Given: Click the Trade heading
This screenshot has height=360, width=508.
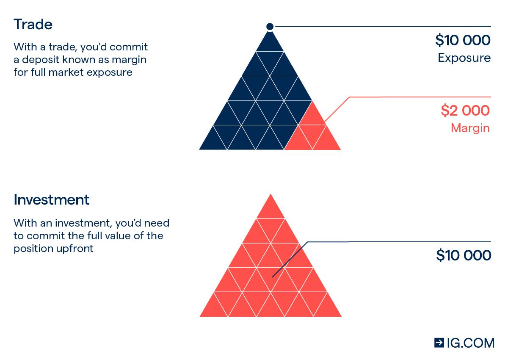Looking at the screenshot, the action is click(x=33, y=24).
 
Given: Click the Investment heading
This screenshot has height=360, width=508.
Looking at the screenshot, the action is click(x=52, y=199).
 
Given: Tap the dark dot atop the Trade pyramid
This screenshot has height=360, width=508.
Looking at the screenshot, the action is click(x=270, y=27).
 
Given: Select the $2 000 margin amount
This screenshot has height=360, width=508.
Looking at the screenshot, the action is click(x=465, y=111).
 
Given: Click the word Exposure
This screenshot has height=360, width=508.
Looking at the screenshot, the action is click(x=464, y=58).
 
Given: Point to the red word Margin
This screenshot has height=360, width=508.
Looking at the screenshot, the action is click(x=470, y=128).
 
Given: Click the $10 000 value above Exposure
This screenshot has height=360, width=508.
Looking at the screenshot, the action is click(x=463, y=40).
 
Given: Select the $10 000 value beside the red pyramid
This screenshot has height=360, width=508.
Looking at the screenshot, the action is click(x=464, y=255).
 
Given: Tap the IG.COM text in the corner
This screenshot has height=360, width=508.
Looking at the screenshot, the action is click(x=471, y=343).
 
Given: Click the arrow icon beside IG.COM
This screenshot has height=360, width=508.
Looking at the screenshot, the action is click(x=439, y=343).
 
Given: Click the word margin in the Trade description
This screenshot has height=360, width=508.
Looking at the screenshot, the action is click(x=129, y=60).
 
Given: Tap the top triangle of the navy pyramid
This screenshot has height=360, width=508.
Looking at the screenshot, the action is click(x=270, y=44).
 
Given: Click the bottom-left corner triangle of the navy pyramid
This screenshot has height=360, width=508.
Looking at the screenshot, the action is click(x=213, y=141).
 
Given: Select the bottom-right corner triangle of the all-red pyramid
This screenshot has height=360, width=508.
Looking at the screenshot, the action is click(x=328, y=308).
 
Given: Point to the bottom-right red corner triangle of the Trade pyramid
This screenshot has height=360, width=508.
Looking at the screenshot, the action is click(x=327, y=141).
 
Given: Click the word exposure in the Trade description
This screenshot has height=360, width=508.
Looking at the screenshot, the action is click(x=110, y=73).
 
